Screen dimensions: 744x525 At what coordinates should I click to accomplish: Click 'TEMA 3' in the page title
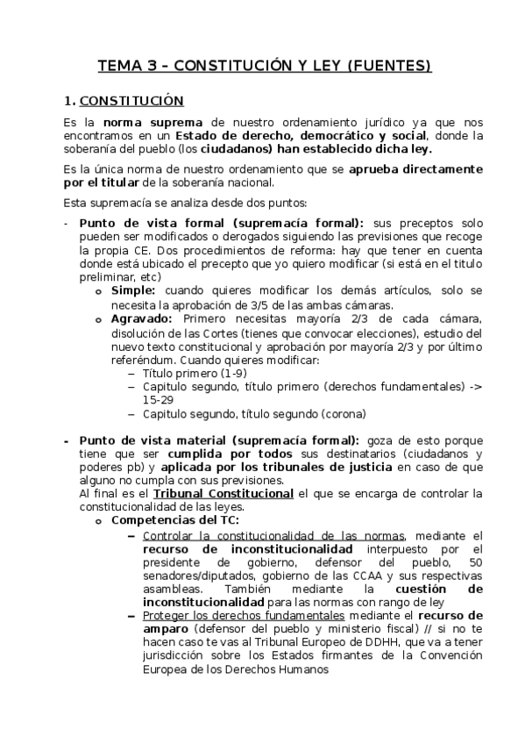tap(123, 66)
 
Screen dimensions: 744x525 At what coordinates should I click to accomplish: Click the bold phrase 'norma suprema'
tap(153, 122)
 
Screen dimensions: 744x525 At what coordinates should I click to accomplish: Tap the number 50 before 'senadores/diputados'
tap(475, 562)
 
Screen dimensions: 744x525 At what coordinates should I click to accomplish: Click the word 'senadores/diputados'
tap(192, 576)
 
